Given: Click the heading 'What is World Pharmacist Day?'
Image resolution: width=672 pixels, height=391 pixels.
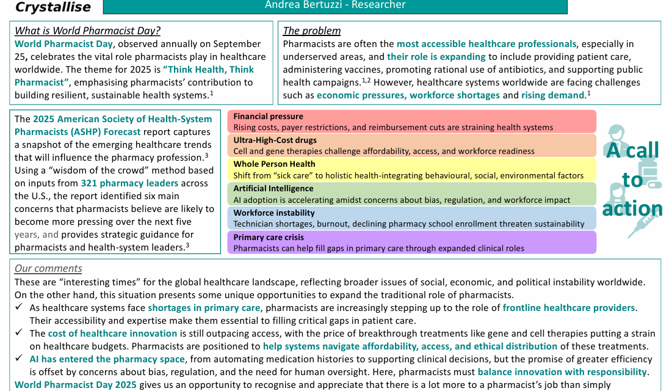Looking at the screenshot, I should (x=87, y=31).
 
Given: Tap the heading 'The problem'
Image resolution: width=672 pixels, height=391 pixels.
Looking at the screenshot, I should (x=312, y=31).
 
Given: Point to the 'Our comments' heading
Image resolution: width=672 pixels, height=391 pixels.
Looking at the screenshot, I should (x=48, y=269).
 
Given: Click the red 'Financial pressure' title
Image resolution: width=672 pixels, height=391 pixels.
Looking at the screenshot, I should (x=268, y=116).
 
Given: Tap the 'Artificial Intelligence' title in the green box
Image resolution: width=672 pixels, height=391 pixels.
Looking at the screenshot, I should (x=273, y=189).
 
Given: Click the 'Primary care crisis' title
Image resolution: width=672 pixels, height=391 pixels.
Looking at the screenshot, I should (x=268, y=237).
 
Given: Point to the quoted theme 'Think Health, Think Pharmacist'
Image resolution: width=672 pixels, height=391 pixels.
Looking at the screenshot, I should (x=134, y=76).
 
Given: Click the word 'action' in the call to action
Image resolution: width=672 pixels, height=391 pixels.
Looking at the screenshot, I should (x=632, y=209).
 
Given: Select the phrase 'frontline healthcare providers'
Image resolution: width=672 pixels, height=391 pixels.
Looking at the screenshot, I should (x=569, y=308).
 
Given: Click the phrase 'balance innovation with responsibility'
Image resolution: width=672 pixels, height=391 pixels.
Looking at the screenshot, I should (x=562, y=372).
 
